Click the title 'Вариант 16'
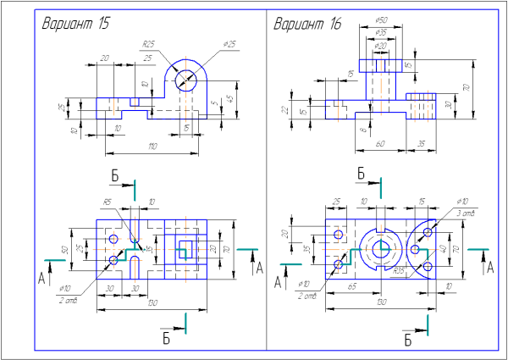306,24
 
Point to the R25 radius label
148,44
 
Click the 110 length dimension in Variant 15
152,147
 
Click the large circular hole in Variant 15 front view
187,80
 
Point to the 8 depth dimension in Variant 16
362,130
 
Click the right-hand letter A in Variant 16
489,268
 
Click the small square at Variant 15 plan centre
185,250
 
